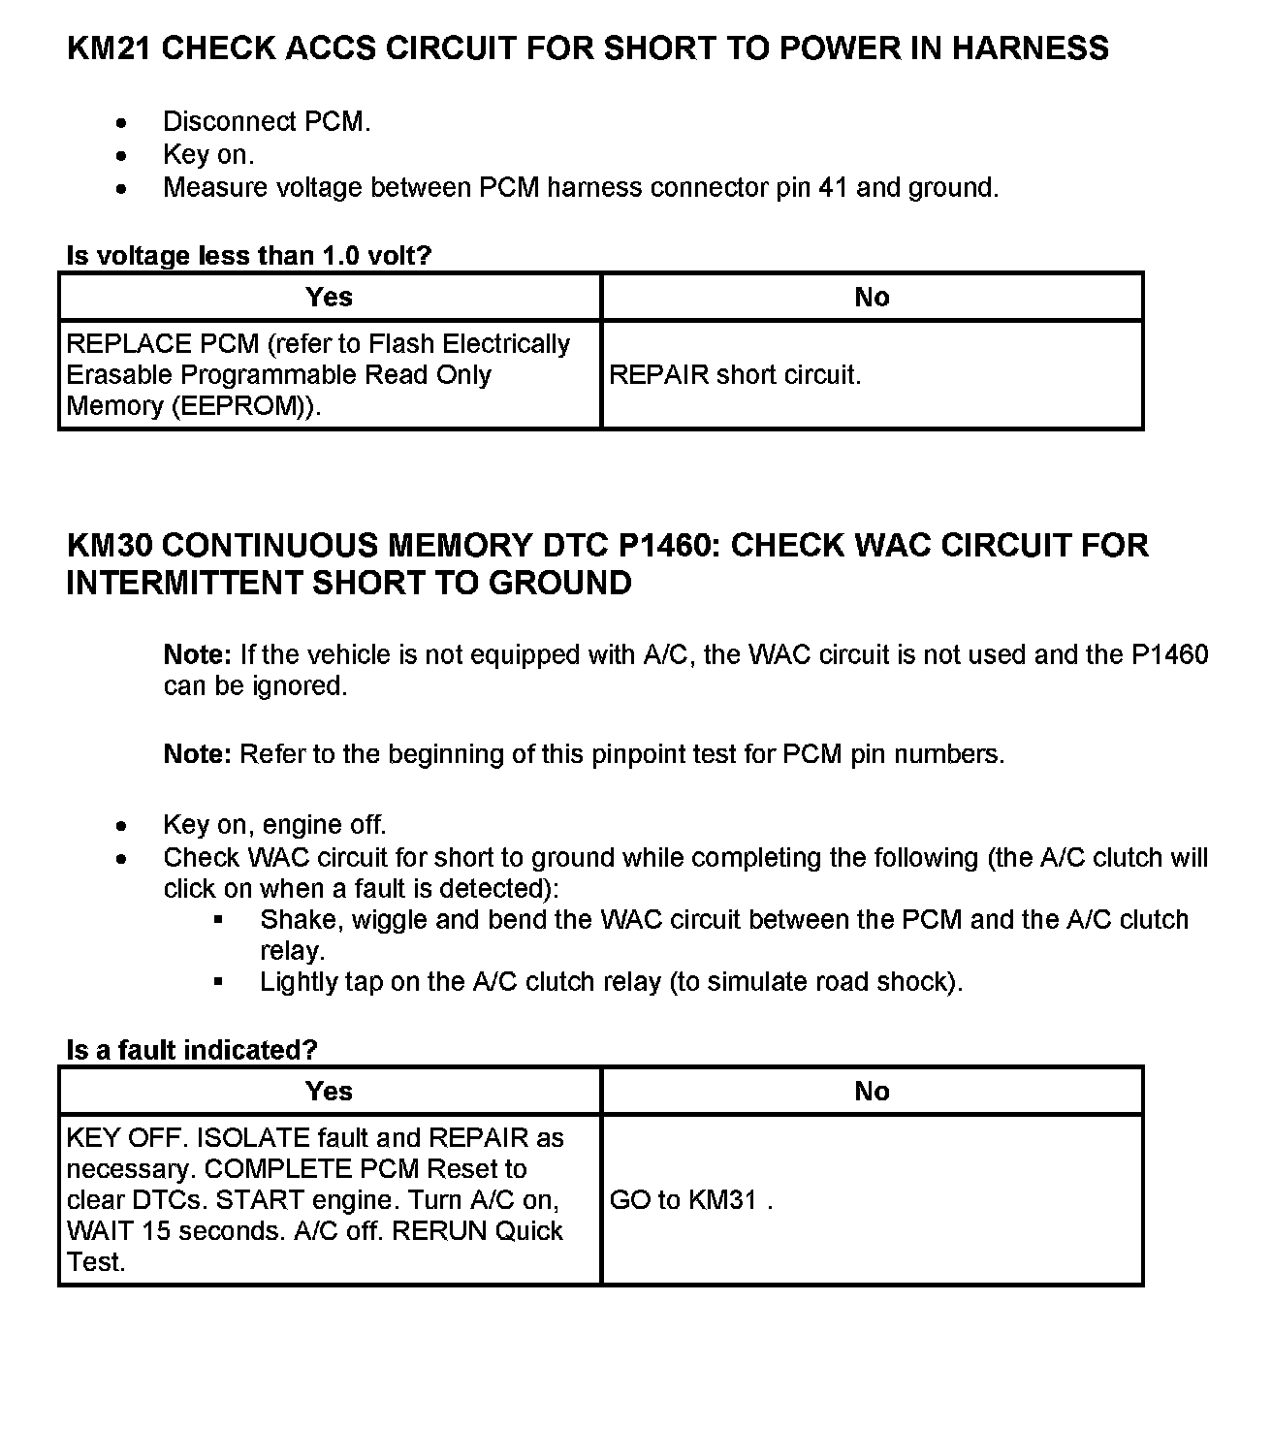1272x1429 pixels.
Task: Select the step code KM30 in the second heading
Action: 110,546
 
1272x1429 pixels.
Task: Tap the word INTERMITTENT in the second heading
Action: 184,583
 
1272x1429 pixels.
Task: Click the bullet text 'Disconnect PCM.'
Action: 267,122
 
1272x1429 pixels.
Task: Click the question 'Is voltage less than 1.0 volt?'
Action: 248,256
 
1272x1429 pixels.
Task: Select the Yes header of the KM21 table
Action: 329,297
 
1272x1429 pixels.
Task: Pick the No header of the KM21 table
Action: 872,297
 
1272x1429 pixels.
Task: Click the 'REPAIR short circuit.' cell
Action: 735,375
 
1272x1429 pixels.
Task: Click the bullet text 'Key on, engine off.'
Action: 274,825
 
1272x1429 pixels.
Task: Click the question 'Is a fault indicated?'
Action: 192,1050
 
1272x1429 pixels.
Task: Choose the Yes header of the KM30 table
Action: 329,1092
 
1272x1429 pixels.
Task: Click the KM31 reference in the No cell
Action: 722,1200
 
